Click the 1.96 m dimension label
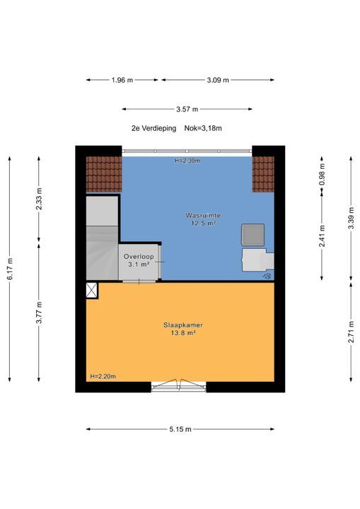pos(122,80)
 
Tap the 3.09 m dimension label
pos(218,80)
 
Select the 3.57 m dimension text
pos(187,109)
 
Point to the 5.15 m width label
pos(180,429)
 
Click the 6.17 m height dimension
pos(10,269)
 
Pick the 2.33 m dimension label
pos(39,199)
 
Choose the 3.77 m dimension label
pos(39,312)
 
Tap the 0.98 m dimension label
pos(322,175)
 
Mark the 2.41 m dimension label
pos(322,236)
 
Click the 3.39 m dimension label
pos(352,218)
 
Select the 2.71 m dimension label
pos(352,332)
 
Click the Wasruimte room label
pos(204,215)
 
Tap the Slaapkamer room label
pos(183,325)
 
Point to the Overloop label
pos(139,257)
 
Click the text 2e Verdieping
pos(153,128)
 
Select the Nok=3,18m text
pos(203,128)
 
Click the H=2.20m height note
pos(103,377)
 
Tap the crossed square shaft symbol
pos(92,291)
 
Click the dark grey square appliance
pos(252,235)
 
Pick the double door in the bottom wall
pos(179,385)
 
